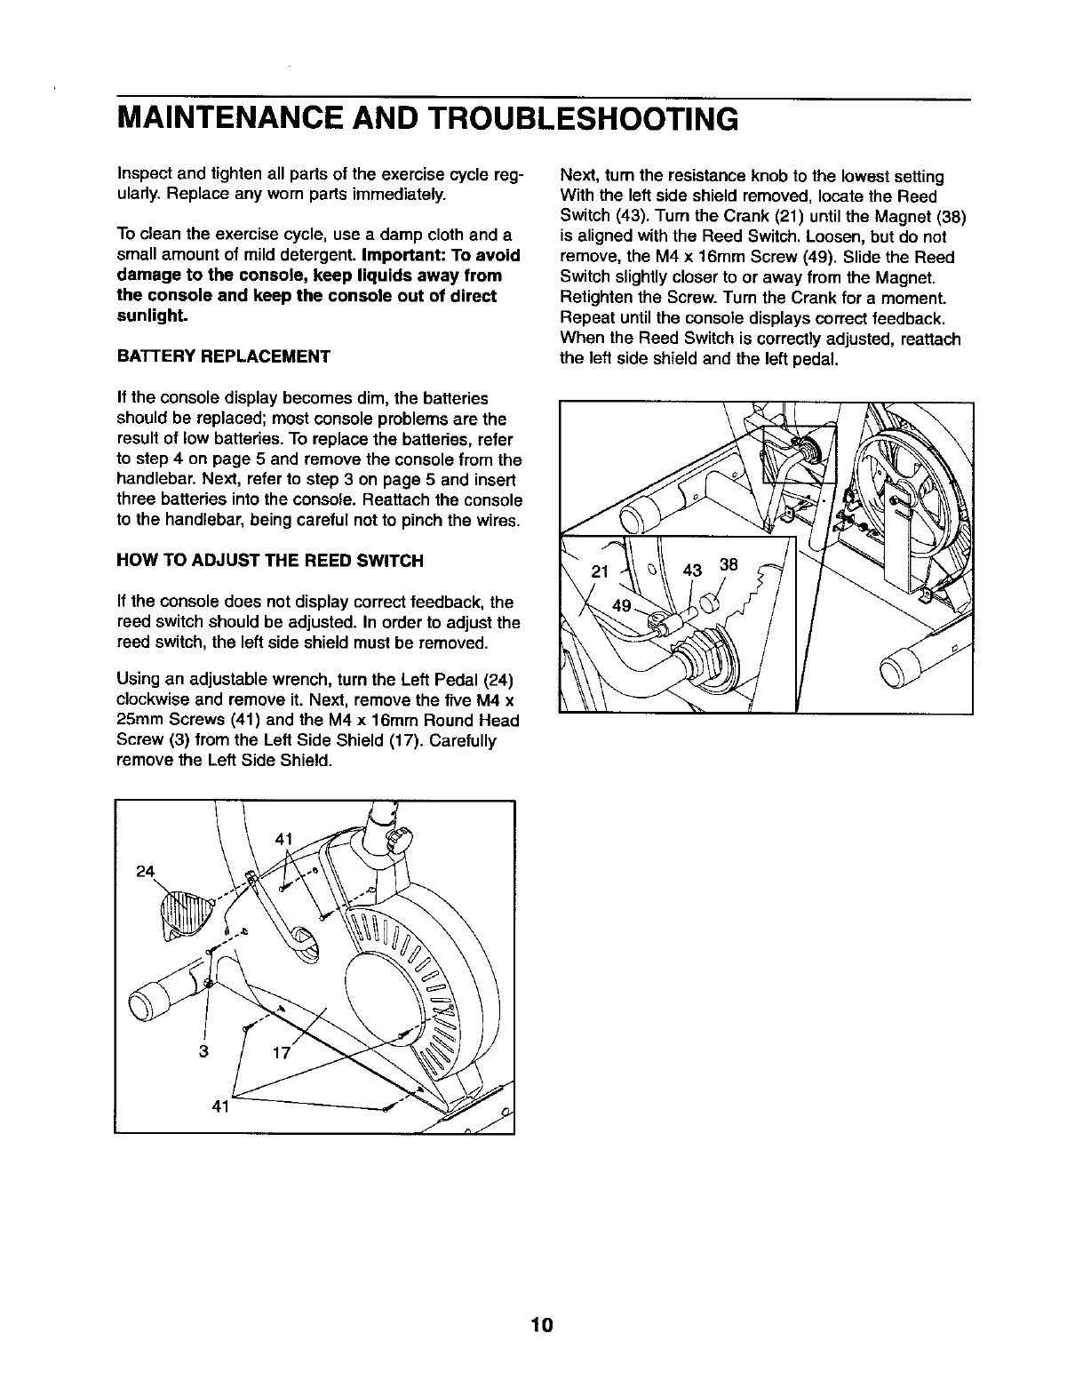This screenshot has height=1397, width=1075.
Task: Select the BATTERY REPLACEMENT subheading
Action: [x=224, y=356]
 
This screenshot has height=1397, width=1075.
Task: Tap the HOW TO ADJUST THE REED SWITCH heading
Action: [x=270, y=561]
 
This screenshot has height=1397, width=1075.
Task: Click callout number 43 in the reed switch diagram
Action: [x=692, y=570]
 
